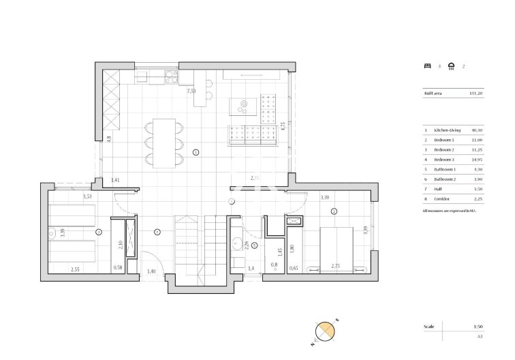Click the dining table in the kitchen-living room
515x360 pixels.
[x=163, y=142]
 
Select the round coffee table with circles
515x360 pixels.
[x=243, y=105]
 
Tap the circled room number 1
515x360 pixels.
[x=196, y=153]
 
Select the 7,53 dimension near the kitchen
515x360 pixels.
[x=192, y=90]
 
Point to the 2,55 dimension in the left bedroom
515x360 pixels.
[x=75, y=269]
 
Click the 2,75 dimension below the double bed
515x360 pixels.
[x=336, y=266]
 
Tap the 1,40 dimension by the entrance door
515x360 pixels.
[x=152, y=272]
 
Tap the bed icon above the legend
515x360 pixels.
[x=427, y=66]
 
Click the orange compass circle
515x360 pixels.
[x=326, y=331]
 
